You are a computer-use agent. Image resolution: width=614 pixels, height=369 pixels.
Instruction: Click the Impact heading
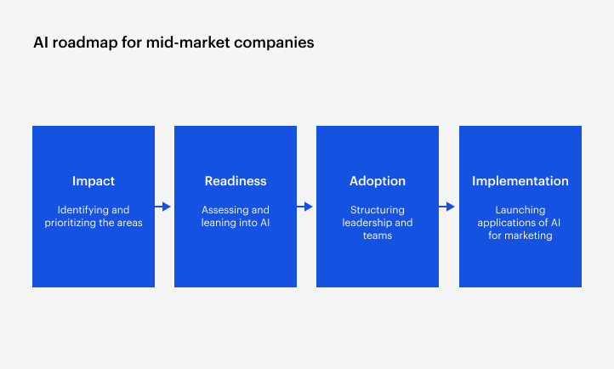pyautogui.click(x=94, y=181)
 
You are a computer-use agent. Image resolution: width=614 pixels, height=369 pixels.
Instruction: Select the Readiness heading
pyautogui.click(x=236, y=181)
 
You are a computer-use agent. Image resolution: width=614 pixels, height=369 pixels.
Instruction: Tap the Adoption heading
pyautogui.click(x=378, y=181)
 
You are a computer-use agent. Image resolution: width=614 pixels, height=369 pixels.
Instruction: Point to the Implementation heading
pyautogui.click(x=520, y=181)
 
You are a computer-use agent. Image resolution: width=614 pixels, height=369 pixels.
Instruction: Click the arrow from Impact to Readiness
pyautogui.click(x=163, y=207)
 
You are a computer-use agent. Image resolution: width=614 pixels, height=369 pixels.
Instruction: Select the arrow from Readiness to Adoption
pyautogui.click(x=305, y=207)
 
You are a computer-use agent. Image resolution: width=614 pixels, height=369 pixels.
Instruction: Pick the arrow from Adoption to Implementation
pyautogui.click(x=447, y=207)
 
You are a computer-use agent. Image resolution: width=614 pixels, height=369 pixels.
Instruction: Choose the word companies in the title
pyautogui.click(x=274, y=43)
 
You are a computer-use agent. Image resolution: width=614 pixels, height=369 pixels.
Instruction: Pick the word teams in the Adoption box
pyautogui.click(x=378, y=236)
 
